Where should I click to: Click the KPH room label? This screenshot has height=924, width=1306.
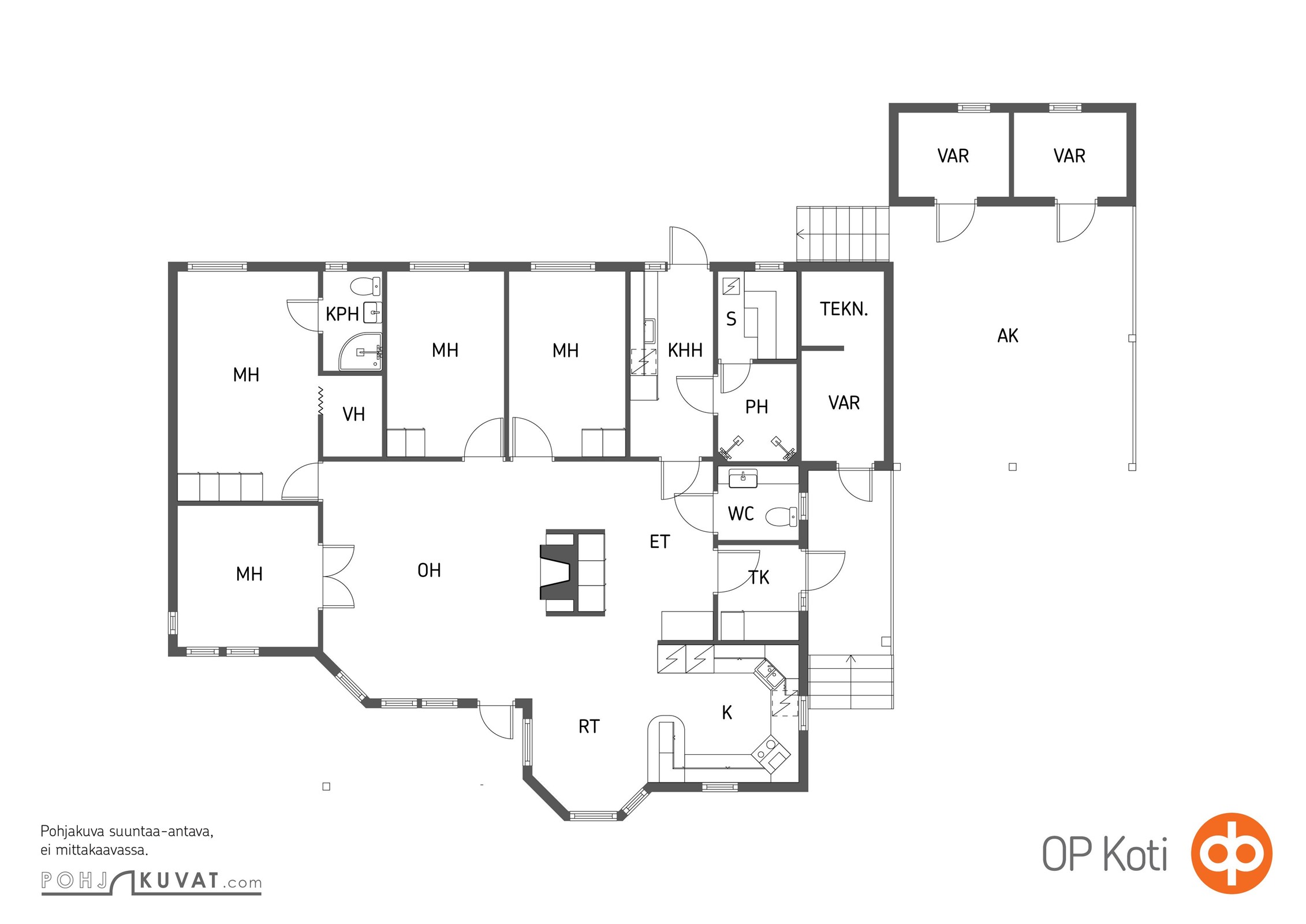pyautogui.click(x=342, y=314)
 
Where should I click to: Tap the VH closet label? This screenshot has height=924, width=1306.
pyautogui.click(x=353, y=414)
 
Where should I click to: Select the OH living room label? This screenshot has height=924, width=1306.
pyautogui.click(x=429, y=571)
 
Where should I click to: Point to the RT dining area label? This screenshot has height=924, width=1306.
pyautogui.click(x=589, y=726)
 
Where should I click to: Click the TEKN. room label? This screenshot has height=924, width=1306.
pyautogui.click(x=844, y=309)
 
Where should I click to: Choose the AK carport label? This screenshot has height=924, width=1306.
pyautogui.click(x=1008, y=336)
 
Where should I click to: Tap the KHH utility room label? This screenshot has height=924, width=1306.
pyautogui.click(x=685, y=350)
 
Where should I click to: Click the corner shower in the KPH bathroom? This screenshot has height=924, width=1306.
pyautogui.click(x=360, y=351)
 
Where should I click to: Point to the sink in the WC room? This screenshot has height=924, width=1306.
pyautogui.click(x=743, y=478)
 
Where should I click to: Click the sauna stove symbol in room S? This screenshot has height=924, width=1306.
pyautogui.click(x=731, y=286)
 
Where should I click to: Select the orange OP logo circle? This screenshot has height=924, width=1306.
pyautogui.click(x=1232, y=853)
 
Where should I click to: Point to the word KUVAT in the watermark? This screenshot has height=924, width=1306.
pyautogui.click(x=179, y=881)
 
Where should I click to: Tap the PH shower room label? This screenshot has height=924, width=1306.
pyautogui.click(x=756, y=407)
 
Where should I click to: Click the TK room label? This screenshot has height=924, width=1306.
pyautogui.click(x=759, y=577)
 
